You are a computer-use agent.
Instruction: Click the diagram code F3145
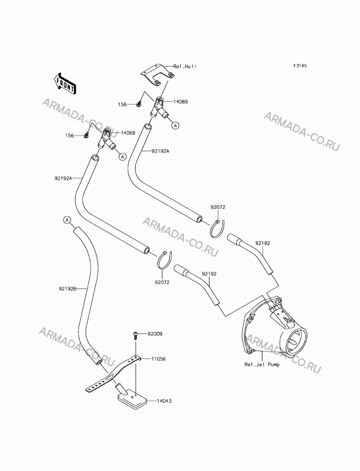(300, 65)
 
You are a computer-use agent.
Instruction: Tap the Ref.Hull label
(185, 66)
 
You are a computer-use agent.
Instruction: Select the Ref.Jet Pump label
(262, 365)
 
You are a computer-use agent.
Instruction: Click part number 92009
(155, 334)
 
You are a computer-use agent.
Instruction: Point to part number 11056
(159, 358)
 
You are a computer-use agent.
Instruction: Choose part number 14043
(164, 401)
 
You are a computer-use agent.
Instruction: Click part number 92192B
(68, 289)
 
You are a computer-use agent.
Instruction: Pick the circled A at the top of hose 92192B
(67, 220)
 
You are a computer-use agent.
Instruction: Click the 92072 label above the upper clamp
(218, 207)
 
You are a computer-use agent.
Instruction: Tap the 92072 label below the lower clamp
(162, 282)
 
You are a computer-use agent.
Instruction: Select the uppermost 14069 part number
(180, 102)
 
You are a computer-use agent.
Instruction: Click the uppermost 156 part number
(122, 104)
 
